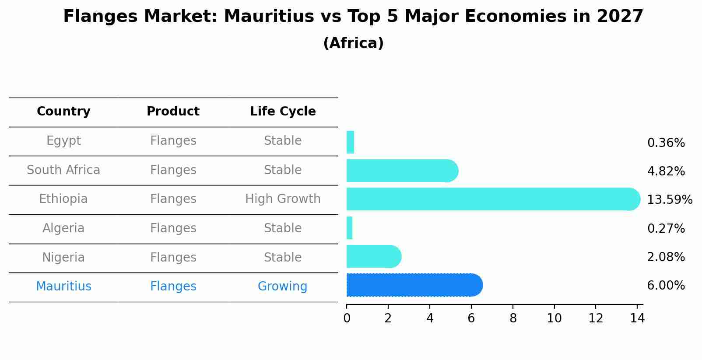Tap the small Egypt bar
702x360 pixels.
(350, 142)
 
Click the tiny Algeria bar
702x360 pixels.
(349, 228)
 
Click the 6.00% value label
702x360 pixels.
(666, 286)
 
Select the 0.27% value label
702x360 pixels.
(666, 228)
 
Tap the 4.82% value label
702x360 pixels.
(666, 171)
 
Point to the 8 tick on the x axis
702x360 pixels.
(513, 318)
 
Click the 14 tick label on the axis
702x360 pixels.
(637, 318)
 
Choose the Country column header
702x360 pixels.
(63, 112)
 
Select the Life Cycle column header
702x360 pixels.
(283, 112)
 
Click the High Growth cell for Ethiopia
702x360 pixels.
(283, 199)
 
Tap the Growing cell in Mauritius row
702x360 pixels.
(282, 287)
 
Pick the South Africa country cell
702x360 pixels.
(63, 170)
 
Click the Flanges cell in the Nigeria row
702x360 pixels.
(173, 257)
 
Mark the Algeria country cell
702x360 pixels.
(63, 228)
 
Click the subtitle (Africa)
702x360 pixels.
(353, 43)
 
